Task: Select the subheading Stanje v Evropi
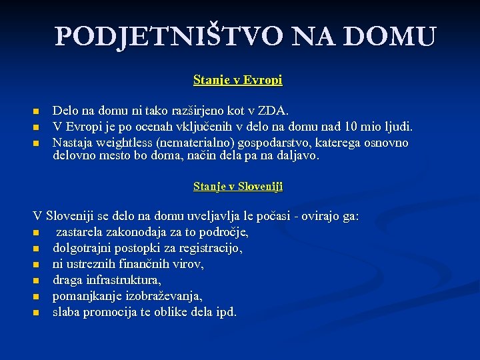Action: tap(238, 80)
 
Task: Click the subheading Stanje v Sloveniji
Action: tap(238, 187)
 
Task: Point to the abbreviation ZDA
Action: tap(273, 110)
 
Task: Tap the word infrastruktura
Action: tap(123, 281)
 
